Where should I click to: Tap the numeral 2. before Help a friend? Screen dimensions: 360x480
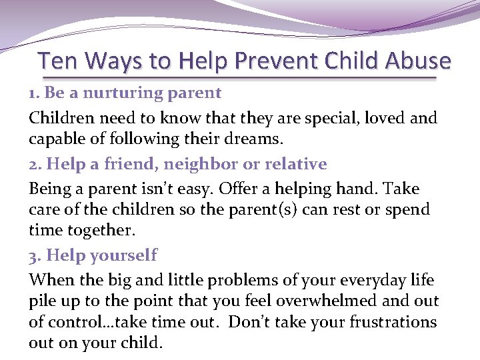(x=35, y=165)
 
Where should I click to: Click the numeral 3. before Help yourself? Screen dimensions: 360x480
(x=35, y=255)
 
